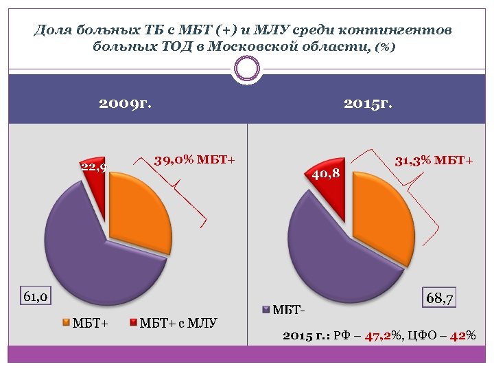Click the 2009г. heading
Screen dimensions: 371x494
coord(125,104)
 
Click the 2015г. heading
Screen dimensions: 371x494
coord(368,104)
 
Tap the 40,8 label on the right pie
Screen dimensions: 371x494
coord(326,174)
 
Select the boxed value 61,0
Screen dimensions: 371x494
coord(35,297)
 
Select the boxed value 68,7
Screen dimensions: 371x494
coord(441,298)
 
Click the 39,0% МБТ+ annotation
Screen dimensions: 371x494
coord(194,161)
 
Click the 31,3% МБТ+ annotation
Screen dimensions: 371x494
coord(434,161)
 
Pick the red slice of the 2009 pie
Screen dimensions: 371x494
coord(98,196)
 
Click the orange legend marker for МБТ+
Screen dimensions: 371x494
coord(66,322)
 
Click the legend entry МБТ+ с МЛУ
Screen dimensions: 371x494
coord(178,322)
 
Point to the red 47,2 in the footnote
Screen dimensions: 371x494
coord(377,336)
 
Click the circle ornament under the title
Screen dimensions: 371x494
coord(247,68)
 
